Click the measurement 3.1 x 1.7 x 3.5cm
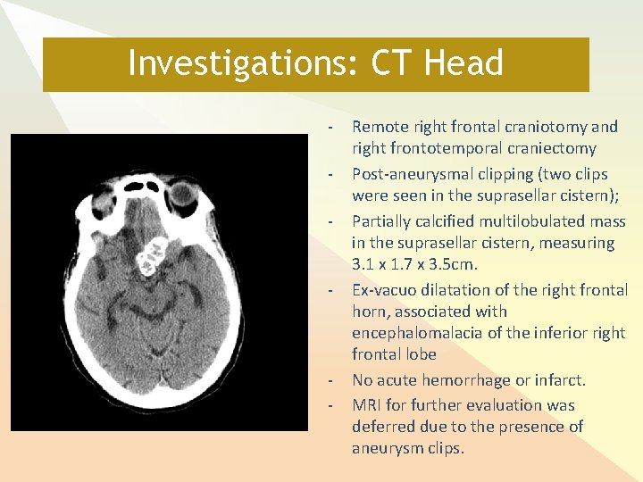coord(415,264)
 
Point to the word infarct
coord(561,380)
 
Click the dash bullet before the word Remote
coord(330,127)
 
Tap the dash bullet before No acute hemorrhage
coord(330,380)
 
